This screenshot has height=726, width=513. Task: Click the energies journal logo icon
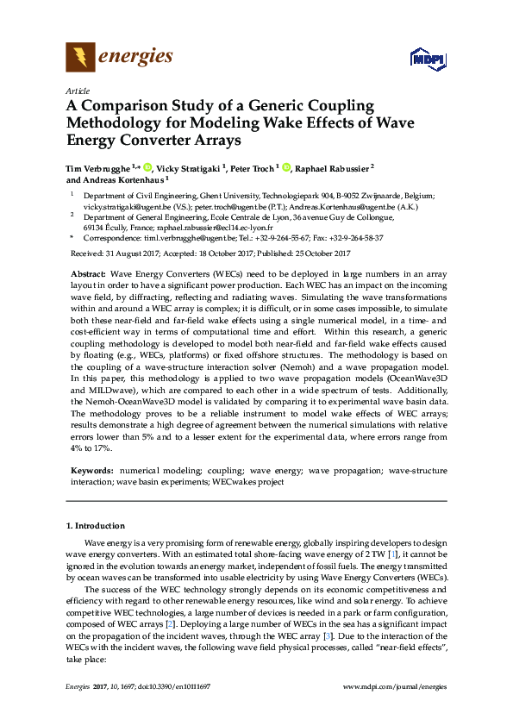point(80,58)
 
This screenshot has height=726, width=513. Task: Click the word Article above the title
point(77,91)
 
